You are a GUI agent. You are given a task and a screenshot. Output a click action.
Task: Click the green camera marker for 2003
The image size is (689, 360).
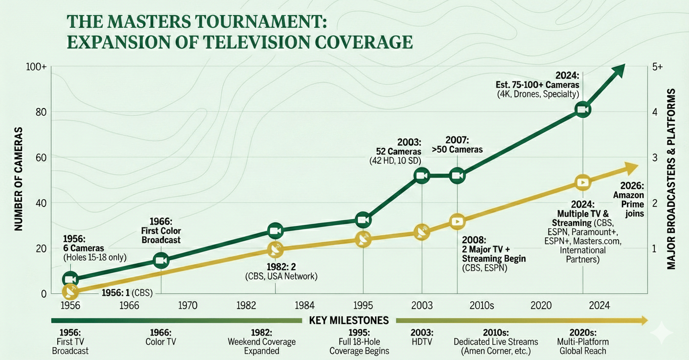(x=421, y=175)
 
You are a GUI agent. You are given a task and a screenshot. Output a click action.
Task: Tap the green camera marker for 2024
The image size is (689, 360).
(x=582, y=110)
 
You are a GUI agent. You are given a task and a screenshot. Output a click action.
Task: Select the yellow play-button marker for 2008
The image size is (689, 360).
(x=457, y=221)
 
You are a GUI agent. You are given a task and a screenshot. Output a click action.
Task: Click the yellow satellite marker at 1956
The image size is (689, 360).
(x=70, y=292)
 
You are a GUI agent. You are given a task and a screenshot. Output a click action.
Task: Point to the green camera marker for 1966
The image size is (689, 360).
(x=161, y=261)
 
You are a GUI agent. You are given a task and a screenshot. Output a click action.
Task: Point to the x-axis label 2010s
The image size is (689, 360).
(x=482, y=306)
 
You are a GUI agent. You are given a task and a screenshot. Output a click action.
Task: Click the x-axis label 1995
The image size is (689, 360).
(x=363, y=306)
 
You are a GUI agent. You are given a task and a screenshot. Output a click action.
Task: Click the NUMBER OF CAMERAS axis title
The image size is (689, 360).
(x=18, y=179)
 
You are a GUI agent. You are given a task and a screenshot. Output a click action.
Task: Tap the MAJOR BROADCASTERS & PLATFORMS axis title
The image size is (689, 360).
(x=671, y=179)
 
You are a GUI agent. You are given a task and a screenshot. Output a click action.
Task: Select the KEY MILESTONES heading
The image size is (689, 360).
(x=349, y=321)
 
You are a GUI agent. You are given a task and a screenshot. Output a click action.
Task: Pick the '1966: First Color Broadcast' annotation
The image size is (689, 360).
(x=161, y=230)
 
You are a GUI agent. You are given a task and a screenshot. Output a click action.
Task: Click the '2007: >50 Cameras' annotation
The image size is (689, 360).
(x=464, y=145)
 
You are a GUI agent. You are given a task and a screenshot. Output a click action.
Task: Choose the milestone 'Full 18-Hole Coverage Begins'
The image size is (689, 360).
(x=359, y=341)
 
